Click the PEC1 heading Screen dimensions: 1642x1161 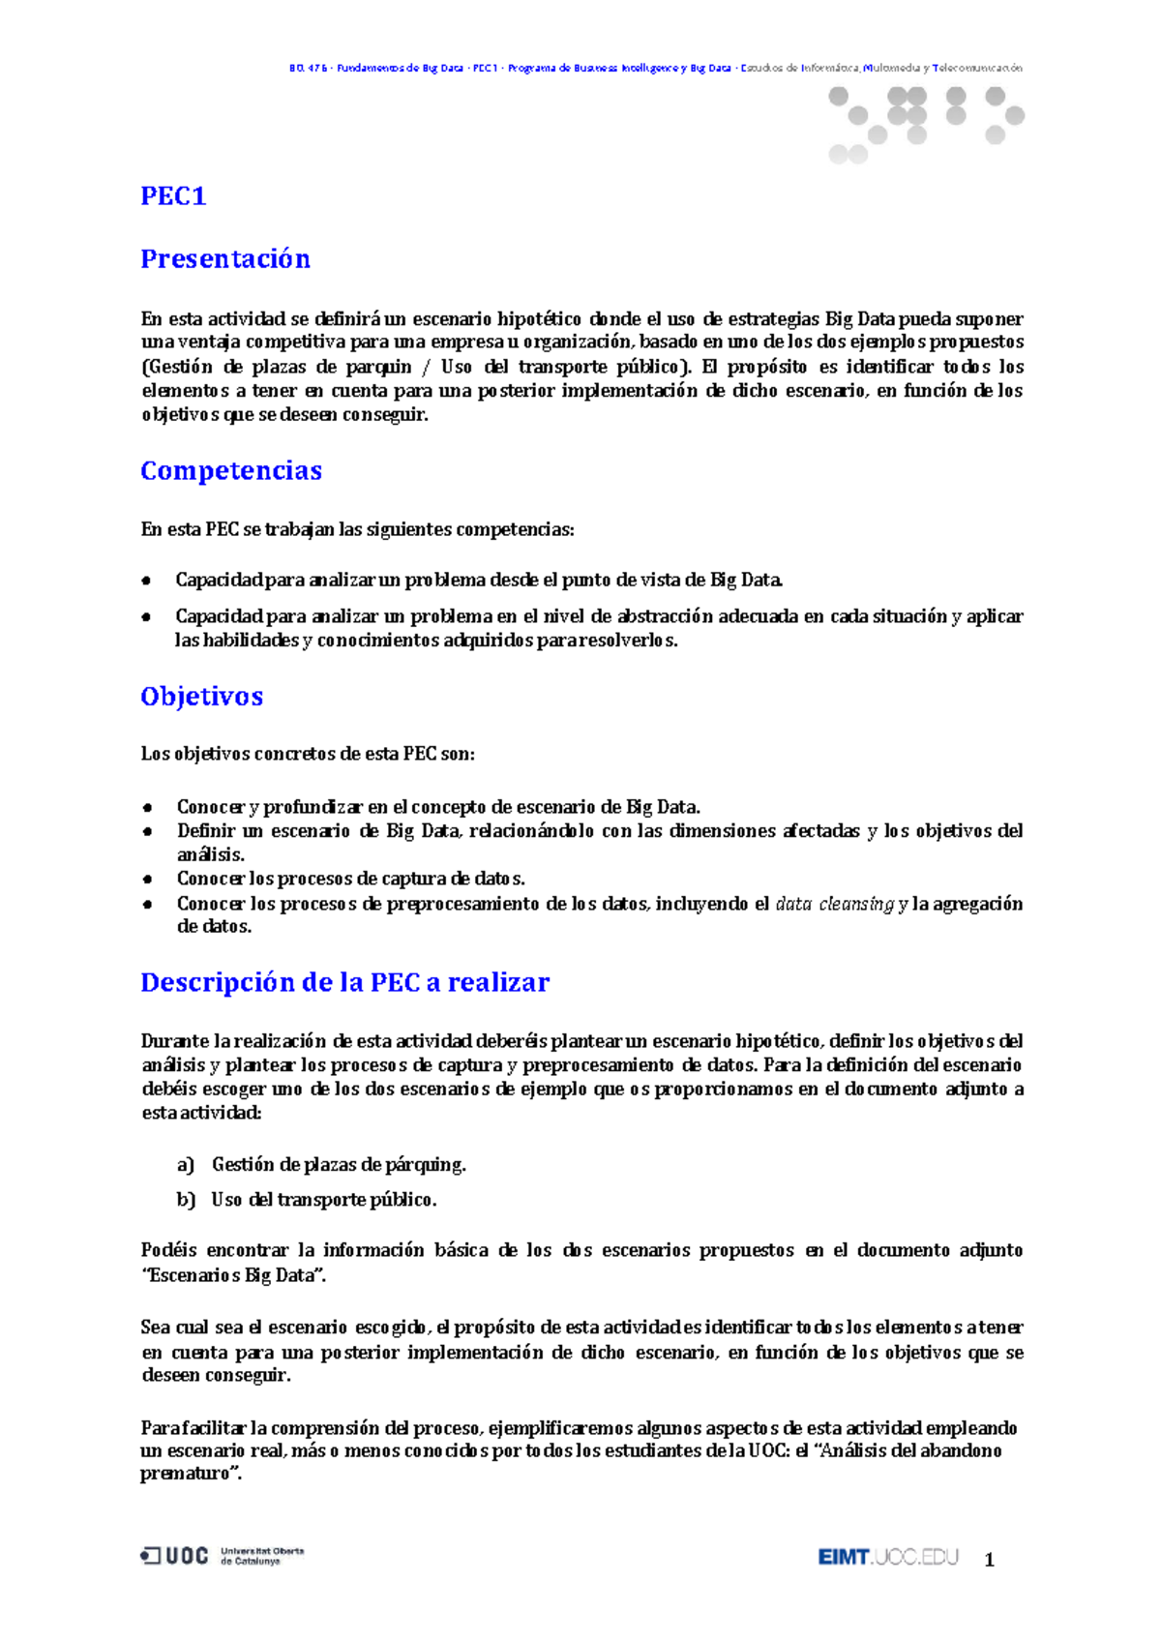point(173,196)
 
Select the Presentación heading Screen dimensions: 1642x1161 point(225,259)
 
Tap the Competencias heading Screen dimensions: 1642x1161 point(231,471)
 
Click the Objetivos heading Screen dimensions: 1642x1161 point(201,697)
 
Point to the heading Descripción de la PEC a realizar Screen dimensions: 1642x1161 point(344,983)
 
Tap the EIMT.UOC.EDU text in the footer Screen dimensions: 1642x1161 point(887,1557)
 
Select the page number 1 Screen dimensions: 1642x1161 point(989,1560)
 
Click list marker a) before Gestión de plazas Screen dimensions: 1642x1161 point(186,1165)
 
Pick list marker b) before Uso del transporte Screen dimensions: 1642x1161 point(186,1200)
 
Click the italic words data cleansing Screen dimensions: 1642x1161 point(834,904)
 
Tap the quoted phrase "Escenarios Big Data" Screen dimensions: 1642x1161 point(233,1275)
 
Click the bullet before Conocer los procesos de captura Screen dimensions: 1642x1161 point(148,880)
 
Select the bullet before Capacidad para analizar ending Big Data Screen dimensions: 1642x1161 point(147,581)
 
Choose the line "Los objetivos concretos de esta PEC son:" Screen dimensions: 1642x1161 point(308,754)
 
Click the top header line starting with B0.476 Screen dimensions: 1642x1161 point(655,68)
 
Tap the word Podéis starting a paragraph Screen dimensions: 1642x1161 point(169,1250)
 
